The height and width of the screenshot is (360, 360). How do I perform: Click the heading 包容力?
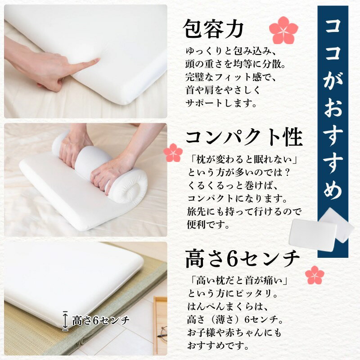coord(213,29)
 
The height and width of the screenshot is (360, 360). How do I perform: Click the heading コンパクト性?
coord(244,137)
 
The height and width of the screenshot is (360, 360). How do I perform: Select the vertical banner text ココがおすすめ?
coord(333,110)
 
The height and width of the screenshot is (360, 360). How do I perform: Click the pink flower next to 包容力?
coord(283,30)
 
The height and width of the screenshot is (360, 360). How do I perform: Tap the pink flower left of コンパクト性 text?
coord(173,153)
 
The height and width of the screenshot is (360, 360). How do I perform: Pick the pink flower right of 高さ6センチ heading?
coord(315,275)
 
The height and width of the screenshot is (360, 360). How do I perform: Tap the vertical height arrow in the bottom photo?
coord(65,321)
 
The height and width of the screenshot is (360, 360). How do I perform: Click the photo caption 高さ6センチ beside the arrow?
coord(101,320)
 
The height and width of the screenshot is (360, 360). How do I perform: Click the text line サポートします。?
coord(221,103)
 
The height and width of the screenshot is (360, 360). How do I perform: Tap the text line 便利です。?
coord(209,224)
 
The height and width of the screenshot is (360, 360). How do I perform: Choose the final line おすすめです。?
coord(218,345)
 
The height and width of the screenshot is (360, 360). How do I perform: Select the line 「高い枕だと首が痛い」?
coord(239,280)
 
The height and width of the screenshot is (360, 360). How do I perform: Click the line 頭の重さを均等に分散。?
coord(235,64)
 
